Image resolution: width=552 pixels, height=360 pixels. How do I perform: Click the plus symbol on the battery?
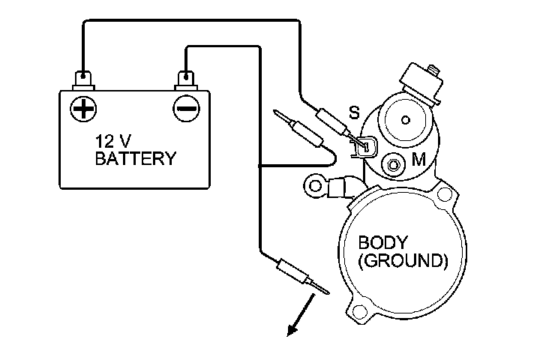[82, 109]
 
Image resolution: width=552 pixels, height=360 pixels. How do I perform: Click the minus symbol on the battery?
[184, 109]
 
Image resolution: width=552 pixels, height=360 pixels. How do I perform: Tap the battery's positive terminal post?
[82, 77]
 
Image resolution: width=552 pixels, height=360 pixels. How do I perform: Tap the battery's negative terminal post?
[184, 77]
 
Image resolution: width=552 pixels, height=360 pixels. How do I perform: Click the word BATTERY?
[135, 158]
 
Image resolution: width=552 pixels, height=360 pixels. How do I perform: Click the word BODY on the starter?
[382, 243]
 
